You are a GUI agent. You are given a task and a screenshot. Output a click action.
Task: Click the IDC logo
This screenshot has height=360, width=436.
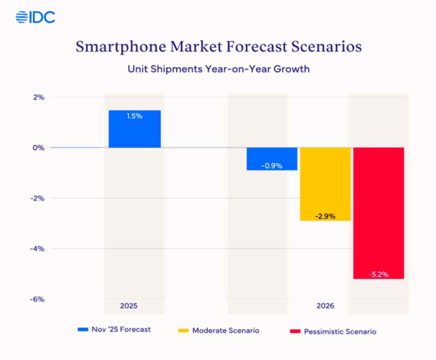click(x=35, y=17)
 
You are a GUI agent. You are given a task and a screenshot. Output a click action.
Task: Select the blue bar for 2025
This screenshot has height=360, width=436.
click(x=134, y=129)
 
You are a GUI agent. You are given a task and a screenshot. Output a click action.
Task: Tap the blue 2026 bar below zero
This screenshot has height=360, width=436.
click(x=272, y=158)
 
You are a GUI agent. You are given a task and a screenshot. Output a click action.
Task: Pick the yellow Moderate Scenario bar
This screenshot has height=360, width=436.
click(x=325, y=184)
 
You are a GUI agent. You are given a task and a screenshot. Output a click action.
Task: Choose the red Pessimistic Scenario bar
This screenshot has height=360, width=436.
click(x=379, y=213)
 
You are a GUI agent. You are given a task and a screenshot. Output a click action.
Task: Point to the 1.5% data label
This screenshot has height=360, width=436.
click(x=134, y=116)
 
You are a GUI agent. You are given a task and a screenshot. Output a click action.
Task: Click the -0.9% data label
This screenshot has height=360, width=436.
click(x=272, y=166)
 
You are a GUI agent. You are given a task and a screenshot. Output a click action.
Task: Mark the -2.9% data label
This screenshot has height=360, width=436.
click(x=325, y=216)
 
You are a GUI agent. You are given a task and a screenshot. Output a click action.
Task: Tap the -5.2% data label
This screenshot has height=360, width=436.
click(x=379, y=275)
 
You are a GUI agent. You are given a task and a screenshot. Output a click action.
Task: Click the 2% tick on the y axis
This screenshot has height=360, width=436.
click(x=39, y=97)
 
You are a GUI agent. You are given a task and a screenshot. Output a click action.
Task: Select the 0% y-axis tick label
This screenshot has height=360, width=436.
click(x=39, y=147)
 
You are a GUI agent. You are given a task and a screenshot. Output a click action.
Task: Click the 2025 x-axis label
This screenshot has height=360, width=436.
click(x=129, y=306)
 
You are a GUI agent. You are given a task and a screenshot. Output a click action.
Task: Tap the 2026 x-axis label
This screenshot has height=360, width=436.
click(x=325, y=306)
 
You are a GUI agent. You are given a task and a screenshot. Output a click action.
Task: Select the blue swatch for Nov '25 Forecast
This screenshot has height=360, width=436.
click(x=83, y=330)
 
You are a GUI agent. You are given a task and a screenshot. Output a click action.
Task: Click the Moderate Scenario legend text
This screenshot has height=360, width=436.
click(x=226, y=330)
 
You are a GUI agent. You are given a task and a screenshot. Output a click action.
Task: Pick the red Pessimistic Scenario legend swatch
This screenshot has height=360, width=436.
click(x=295, y=331)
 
